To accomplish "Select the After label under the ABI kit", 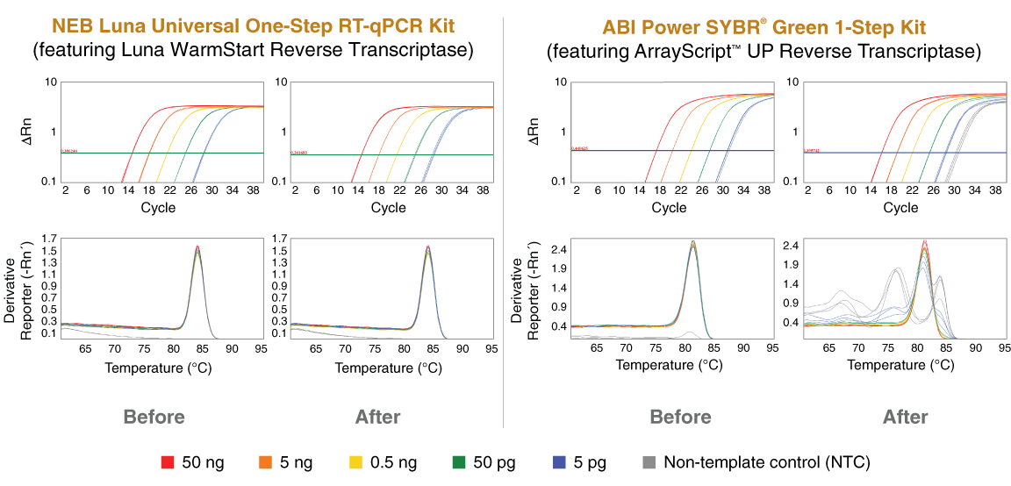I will point(905,416).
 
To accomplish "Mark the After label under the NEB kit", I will point(377,416).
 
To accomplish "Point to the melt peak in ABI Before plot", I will point(693,244).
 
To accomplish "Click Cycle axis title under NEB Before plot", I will point(158,208).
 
